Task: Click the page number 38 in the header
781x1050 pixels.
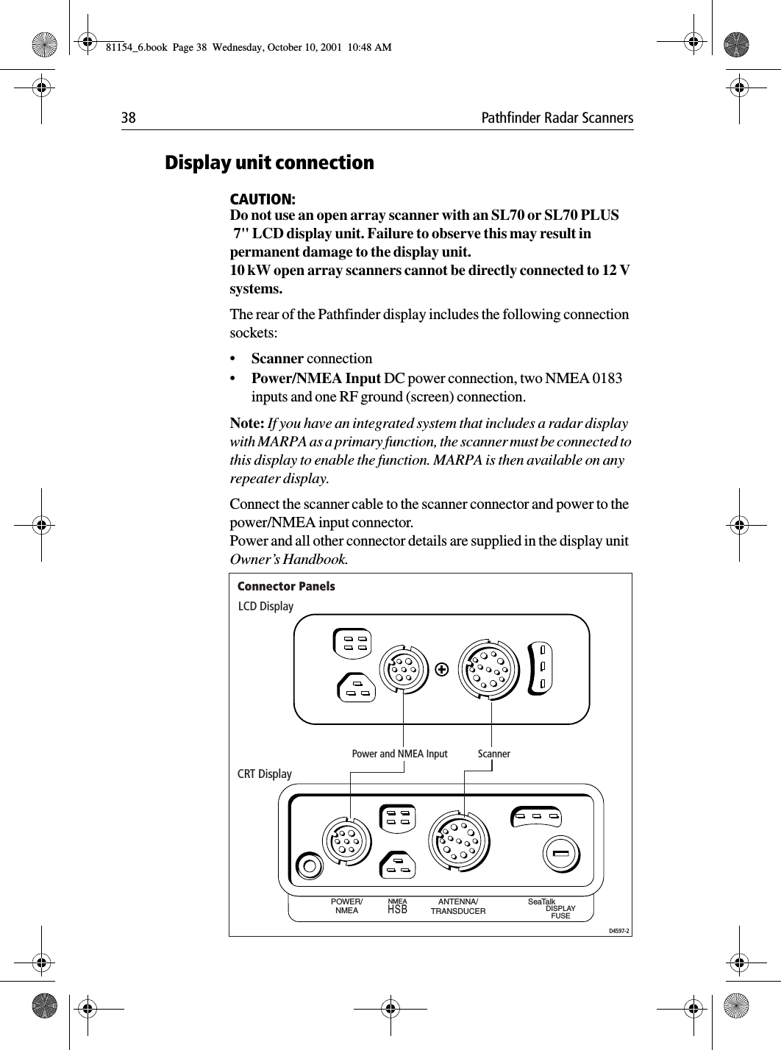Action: pos(129,118)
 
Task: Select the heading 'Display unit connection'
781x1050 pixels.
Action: pos(269,162)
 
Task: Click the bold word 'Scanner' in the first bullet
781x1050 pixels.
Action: pos(277,359)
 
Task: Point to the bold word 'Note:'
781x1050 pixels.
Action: pos(247,424)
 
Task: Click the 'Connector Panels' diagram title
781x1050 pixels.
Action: pos(286,587)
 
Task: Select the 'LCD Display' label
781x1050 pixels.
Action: pos(265,607)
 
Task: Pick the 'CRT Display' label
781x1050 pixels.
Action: pos(264,774)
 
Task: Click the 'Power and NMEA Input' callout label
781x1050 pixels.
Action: pos(399,754)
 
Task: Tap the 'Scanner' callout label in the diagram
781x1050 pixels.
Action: pos(493,754)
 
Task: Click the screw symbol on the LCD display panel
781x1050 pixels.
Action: pos(441,669)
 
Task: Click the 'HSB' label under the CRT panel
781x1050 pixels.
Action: pos(397,910)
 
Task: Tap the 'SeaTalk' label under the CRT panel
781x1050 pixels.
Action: pos(541,901)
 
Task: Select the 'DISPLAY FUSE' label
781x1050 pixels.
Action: pos(560,913)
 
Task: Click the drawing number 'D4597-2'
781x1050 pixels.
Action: pos(618,930)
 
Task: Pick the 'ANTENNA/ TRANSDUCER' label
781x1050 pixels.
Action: pos(457,906)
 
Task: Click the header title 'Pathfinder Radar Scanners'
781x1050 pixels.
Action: pos(557,118)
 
